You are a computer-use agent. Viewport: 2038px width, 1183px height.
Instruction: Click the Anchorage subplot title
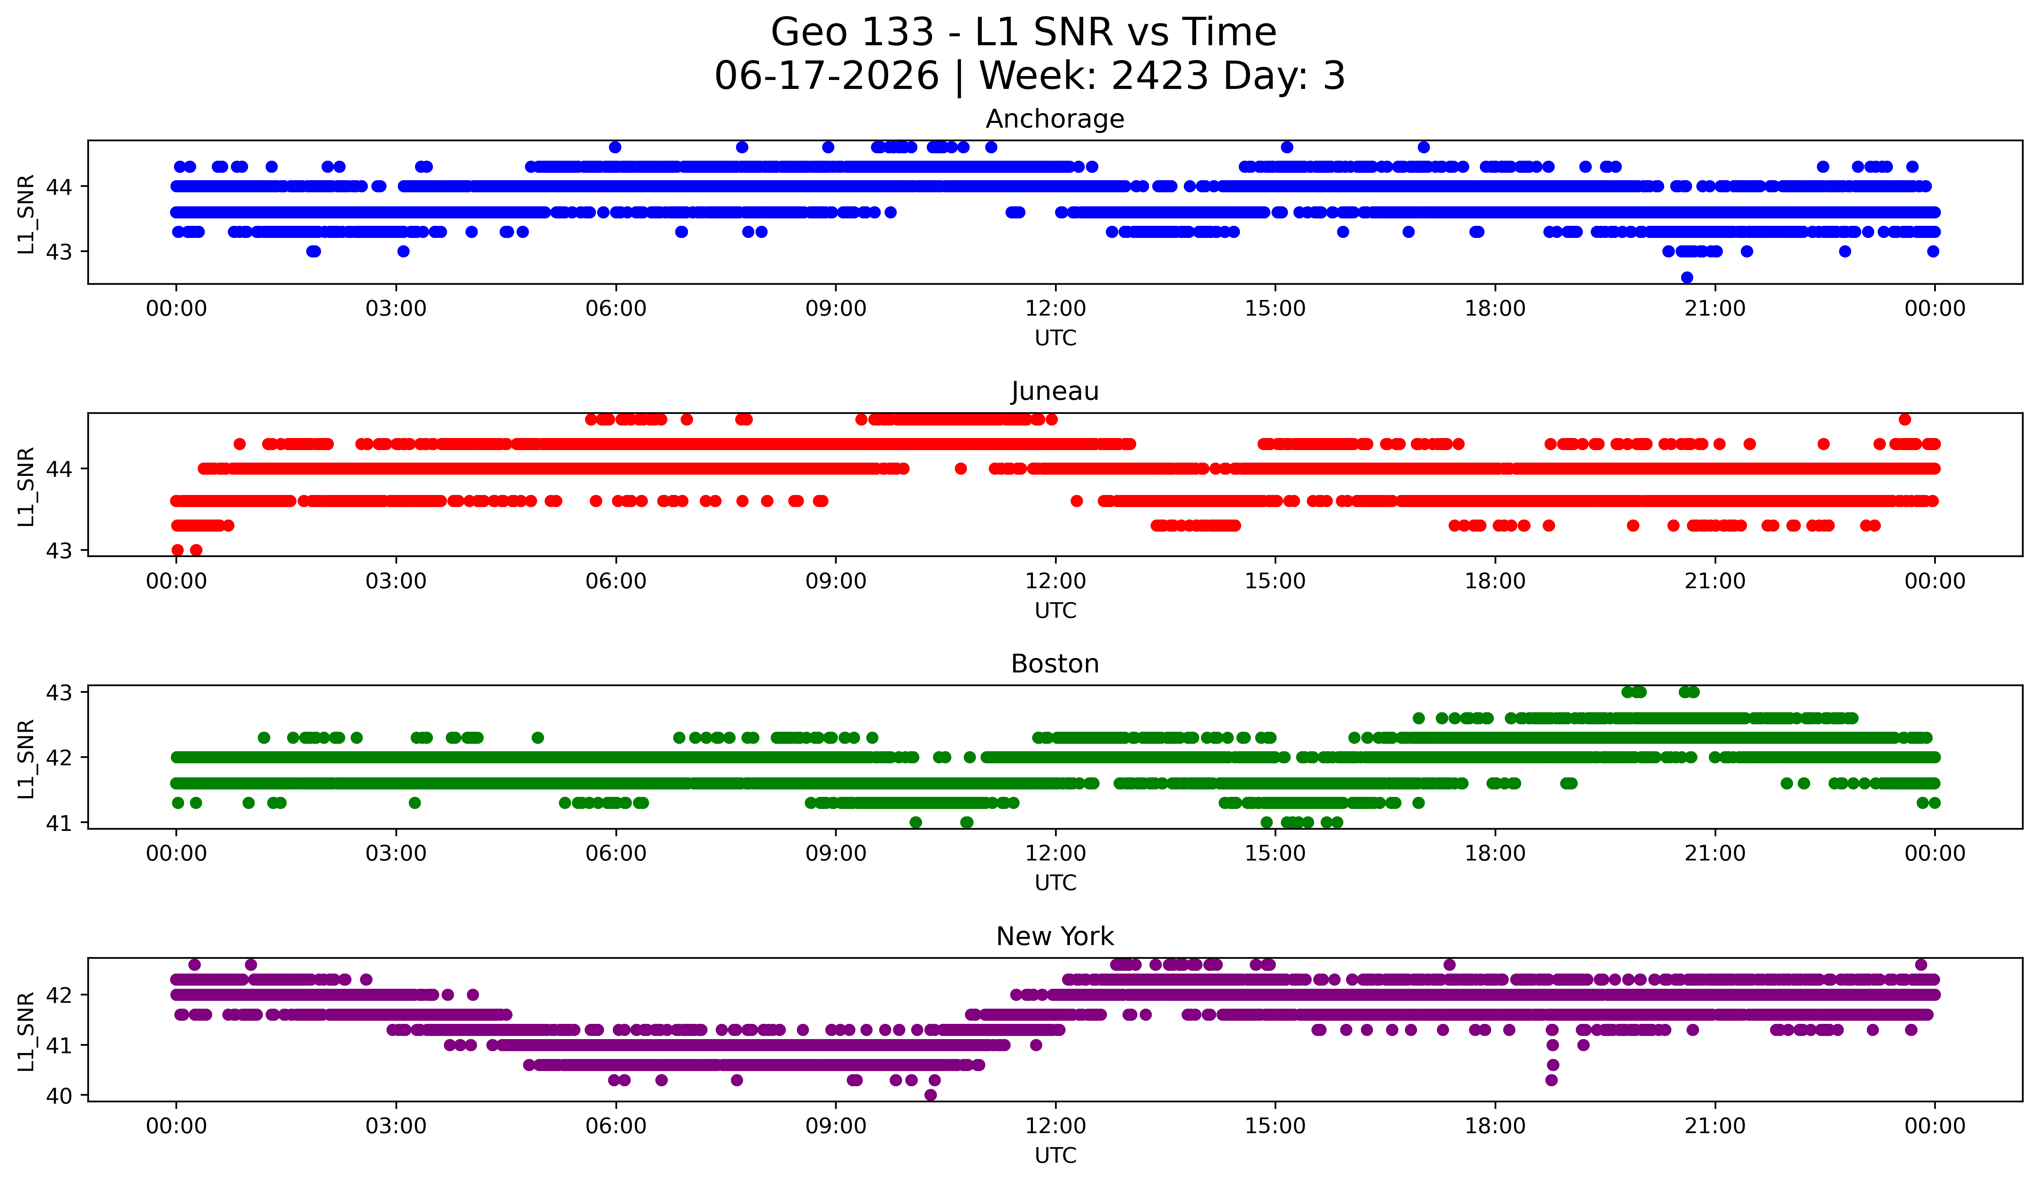[x=1055, y=119]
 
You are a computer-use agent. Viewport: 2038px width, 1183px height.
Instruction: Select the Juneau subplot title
[x=1055, y=391]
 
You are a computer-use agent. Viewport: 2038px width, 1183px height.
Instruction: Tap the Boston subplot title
[x=1055, y=664]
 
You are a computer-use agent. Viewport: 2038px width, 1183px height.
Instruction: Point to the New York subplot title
[x=1055, y=936]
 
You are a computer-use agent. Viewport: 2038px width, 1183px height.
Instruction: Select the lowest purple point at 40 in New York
[x=930, y=1095]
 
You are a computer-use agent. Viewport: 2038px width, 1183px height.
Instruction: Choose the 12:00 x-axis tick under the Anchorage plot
[x=1055, y=308]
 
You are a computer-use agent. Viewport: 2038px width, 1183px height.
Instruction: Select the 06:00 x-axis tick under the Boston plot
[x=616, y=853]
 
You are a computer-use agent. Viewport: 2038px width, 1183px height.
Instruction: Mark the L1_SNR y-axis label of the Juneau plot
[x=26, y=486]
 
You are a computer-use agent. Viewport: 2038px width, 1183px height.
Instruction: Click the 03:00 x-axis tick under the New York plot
[x=396, y=1126]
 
